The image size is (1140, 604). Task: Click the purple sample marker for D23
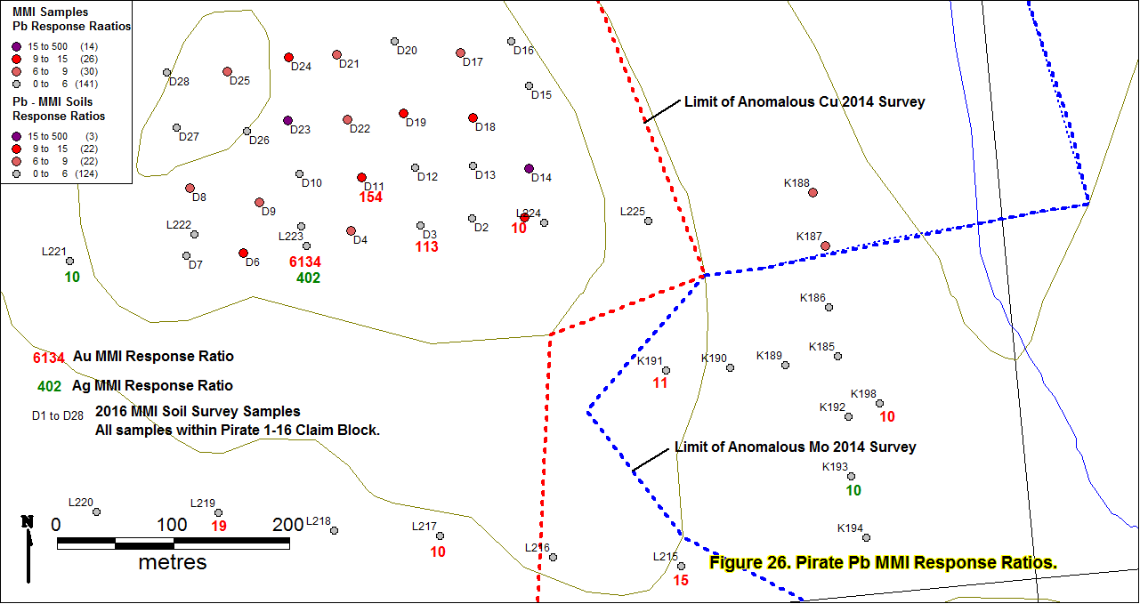[x=287, y=121]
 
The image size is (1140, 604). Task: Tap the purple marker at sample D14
[x=529, y=168]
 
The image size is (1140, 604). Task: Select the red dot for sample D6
[x=243, y=253]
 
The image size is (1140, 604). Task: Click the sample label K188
[x=796, y=183]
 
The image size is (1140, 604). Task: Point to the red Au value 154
[x=370, y=197]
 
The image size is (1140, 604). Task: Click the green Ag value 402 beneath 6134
[x=309, y=278]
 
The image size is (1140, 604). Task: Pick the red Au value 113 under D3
[x=426, y=246]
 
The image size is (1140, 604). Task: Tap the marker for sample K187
[x=826, y=246]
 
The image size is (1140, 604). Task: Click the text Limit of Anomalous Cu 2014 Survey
[x=804, y=101]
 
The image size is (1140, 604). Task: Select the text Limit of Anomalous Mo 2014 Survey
[x=795, y=447]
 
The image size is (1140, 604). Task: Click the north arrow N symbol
[x=28, y=521]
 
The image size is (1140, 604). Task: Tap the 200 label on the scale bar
[x=287, y=525]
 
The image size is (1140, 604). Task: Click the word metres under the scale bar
[x=173, y=562]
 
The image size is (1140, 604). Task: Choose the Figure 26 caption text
[x=883, y=563]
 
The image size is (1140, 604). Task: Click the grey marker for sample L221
[x=69, y=261]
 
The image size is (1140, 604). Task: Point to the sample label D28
[x=179, y=82]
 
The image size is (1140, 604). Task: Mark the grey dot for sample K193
[x=851, y=476]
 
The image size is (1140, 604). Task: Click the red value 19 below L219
[x=219, y=526]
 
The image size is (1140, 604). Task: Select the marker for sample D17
[x=461, y=52]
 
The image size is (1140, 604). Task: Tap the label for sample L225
[x=633, y=212]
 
